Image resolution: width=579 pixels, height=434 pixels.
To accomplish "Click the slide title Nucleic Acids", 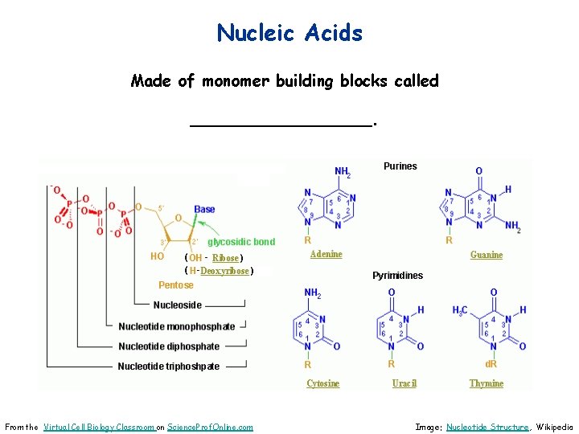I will point(289,33).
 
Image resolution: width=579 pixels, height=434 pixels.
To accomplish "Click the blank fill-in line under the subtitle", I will point(281,123).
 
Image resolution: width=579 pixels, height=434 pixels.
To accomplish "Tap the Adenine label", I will point(326,254).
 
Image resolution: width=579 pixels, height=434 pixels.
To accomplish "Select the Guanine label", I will point(487,255).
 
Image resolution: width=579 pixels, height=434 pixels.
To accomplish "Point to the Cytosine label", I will point(322,383).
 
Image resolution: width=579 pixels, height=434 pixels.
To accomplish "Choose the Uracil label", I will point(404,383).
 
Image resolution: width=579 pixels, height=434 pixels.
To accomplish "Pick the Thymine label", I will point(487,383).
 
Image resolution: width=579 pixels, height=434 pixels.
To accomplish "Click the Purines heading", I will point(400,166).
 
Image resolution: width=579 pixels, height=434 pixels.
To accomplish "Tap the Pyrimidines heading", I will point(397,276).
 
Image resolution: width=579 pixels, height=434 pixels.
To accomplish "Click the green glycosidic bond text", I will point(241,242).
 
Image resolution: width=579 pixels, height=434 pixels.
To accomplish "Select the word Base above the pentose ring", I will point(204,210).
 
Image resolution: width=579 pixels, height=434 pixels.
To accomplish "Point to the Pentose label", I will point(176,285).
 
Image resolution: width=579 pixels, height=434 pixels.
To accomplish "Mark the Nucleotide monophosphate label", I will point(177,326).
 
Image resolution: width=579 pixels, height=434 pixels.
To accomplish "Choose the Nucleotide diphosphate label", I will point(169,346).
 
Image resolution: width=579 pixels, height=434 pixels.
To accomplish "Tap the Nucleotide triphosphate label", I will point(169,366).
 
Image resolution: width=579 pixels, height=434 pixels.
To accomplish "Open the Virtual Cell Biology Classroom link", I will point(99,427).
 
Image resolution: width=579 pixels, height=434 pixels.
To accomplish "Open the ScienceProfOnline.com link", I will point(210,427).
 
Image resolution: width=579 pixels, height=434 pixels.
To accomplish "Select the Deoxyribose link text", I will point(224,271).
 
